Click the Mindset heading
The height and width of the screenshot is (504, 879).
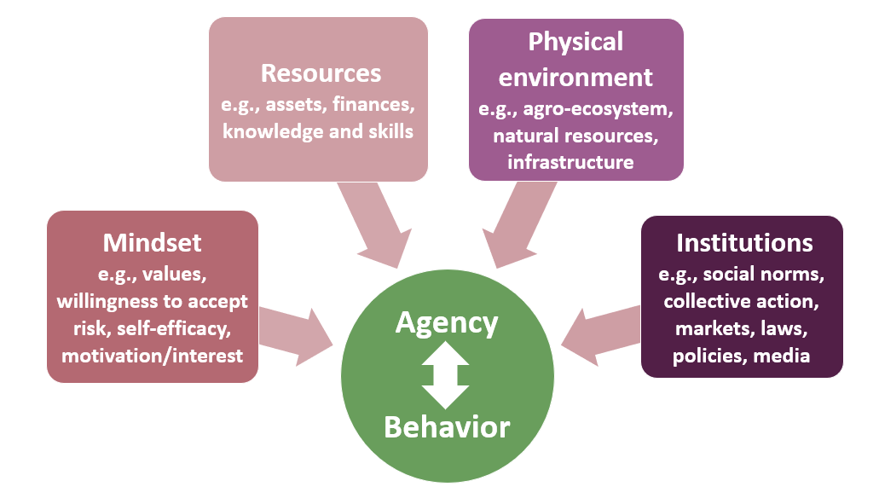click(x=152, y=243)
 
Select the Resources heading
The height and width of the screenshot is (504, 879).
click(x=321, y=73)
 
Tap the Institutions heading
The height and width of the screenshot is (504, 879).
click(x=743, y=243)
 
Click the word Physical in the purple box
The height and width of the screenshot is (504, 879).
click(x=575, y=41)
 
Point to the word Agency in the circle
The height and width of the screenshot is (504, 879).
click(x=447, y=323)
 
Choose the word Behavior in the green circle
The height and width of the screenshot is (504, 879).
click(x=447, y=426)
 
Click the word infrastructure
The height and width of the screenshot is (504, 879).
click(x=570, y=162)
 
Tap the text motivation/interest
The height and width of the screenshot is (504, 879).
click(x=152, y=356)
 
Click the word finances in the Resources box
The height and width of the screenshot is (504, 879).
click(x=374, y=106)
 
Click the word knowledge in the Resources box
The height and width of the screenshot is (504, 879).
click(x=263, y=132)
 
